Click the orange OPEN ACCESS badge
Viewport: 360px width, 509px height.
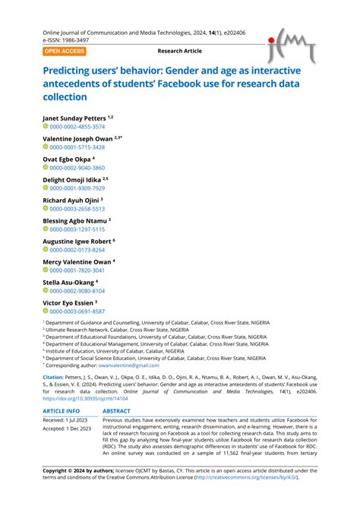[x=65, y=51]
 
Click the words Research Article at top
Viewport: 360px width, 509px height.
[x=180, y=51]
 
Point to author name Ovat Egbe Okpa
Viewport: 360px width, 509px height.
[x=68, y=159]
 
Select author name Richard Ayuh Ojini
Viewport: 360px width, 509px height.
[x=74, y=200]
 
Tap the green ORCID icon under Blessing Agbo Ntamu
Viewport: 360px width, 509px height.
[x=46, y=229]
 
